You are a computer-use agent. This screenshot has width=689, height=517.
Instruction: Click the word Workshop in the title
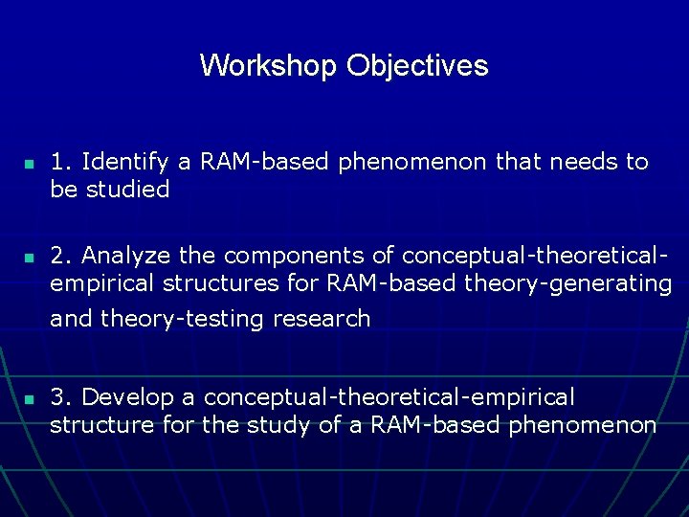click(x=269, y=66)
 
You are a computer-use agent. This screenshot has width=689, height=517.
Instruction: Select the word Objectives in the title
click(x=417, y=66)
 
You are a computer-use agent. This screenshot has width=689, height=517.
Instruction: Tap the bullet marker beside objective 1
click(x=29, y=165)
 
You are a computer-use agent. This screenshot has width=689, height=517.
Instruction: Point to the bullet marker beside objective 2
click(x=29, y=258)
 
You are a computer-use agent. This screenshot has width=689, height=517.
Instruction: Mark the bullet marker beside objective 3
click(x=29, y=399)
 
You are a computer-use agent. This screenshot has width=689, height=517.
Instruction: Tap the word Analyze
click(x=127, y=257)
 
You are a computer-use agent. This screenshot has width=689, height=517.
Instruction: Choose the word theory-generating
click(x=567, y=283)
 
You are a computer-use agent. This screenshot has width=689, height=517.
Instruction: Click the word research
click(x=322, y=319)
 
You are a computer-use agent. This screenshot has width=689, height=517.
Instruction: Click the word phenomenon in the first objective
click(x=412, y=163)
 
